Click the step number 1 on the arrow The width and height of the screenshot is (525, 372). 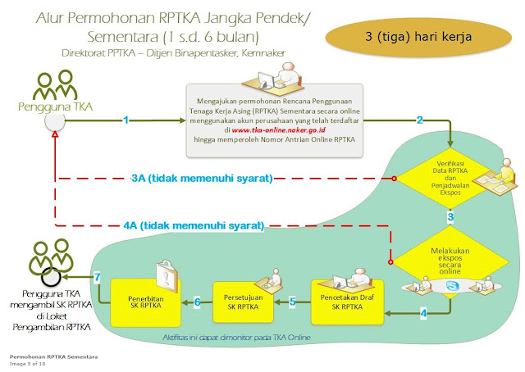126,120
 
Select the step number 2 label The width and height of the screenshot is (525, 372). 419,120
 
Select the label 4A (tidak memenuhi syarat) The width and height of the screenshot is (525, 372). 196,225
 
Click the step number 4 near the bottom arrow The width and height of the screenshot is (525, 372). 423,314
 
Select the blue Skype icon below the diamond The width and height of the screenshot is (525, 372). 450,286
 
